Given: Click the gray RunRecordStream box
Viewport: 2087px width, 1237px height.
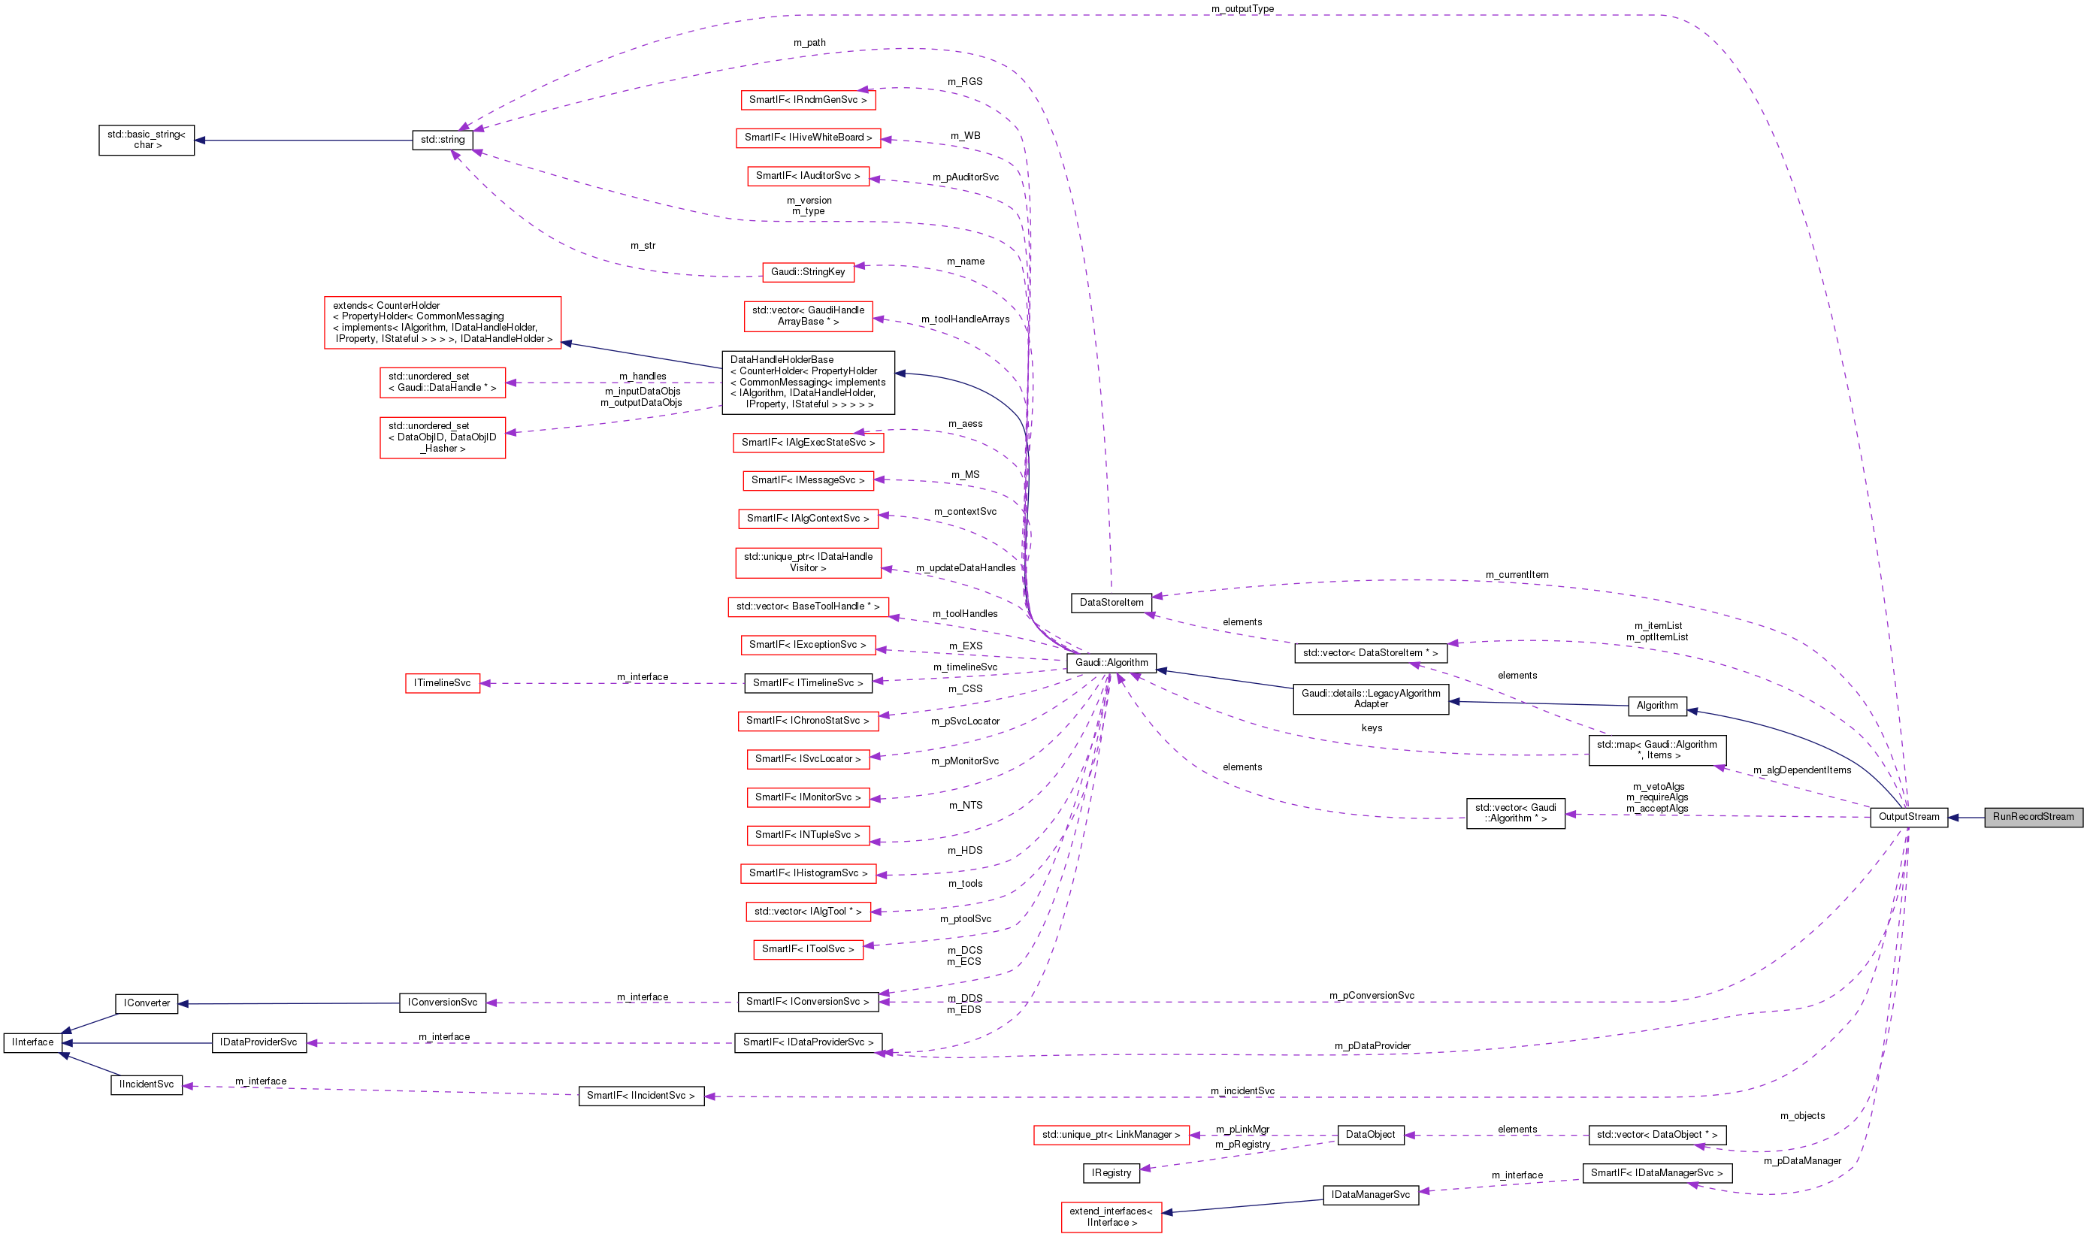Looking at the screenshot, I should coord(2032,817).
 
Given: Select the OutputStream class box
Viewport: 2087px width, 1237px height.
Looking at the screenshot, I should coord(1908,817).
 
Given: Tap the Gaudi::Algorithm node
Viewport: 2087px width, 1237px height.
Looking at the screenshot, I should coord(1110,663).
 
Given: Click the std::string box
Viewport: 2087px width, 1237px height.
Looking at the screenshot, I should coord(443,140).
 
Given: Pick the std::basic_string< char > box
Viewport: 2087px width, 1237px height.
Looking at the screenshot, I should coord(147,140).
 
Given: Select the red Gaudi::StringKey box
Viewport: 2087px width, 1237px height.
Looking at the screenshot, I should coord(807,272).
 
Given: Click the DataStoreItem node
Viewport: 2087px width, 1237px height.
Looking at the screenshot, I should coord(1111,603).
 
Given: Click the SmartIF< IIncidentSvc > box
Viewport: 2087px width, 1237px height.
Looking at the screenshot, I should coord(640,1095).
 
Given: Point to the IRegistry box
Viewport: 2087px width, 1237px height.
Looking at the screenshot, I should coord(1111,1173).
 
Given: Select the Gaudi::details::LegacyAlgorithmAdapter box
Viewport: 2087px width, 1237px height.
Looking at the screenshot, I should coord(1370,698).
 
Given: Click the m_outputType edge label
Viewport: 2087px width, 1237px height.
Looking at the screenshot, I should coord(1242,9).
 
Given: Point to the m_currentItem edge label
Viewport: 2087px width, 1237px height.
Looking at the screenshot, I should coord(1516,574).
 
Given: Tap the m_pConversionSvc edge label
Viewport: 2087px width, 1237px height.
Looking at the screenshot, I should coord(1371,995).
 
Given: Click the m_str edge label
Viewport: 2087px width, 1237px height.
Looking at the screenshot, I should coord(643,246).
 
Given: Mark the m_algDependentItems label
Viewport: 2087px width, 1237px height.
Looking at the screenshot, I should coord(1801,770).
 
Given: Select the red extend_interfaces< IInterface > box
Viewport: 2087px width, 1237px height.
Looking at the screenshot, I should coord(1110,1216).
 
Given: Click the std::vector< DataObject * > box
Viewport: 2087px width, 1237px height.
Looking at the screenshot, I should coord(1656,1135).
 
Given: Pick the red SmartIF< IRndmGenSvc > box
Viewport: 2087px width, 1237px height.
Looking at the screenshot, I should coord(807,100).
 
